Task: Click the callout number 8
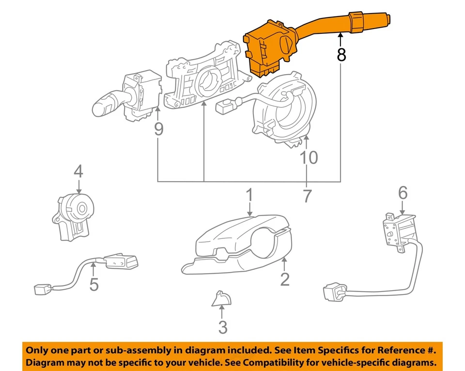tap(341, 55)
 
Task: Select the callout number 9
tap(159, 129)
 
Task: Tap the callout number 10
tap(309, 157)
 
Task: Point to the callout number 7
tap(307, 196)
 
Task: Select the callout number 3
tap(223, 327)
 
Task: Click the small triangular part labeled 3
tap(221, 298)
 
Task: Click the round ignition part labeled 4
tap(73, 216)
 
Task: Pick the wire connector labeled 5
tap(86, 273)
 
